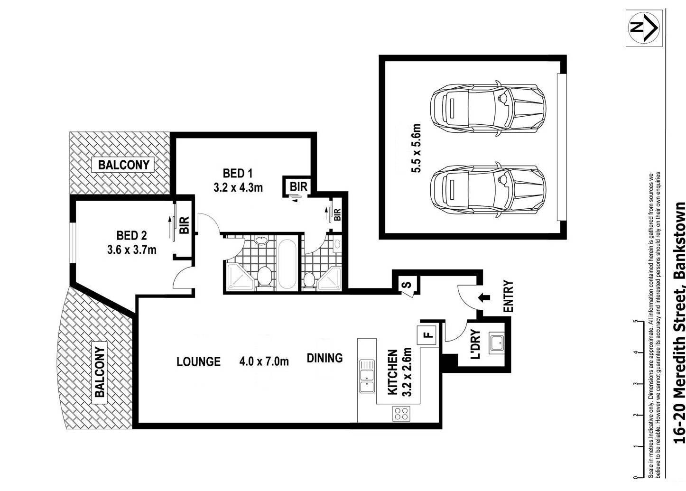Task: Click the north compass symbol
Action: tap(644, 28)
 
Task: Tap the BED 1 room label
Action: tap(237, 173)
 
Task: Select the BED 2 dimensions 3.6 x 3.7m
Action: tap(132, 250)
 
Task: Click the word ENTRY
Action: tap(508, 296)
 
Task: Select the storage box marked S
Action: tap(408, 285)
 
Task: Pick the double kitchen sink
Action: tap(367, 376)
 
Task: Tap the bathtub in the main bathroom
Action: tap(287, 264)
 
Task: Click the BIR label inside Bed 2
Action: tap(184, 225)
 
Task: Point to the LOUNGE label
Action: tap(198, 362)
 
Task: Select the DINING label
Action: tap(324, 358)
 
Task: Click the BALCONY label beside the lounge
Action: tap(100, 372)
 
